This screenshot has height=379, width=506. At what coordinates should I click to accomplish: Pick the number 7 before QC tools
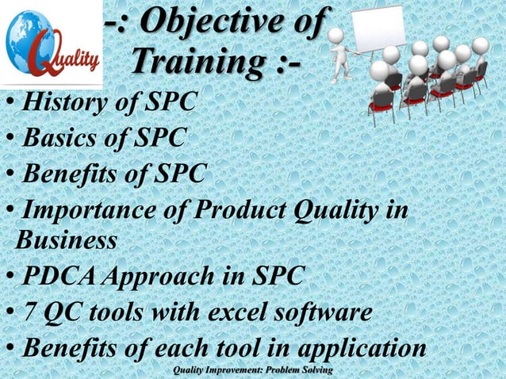click(x=29, y=313)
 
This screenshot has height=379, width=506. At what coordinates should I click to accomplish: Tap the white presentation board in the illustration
click(x=378, y=32)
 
